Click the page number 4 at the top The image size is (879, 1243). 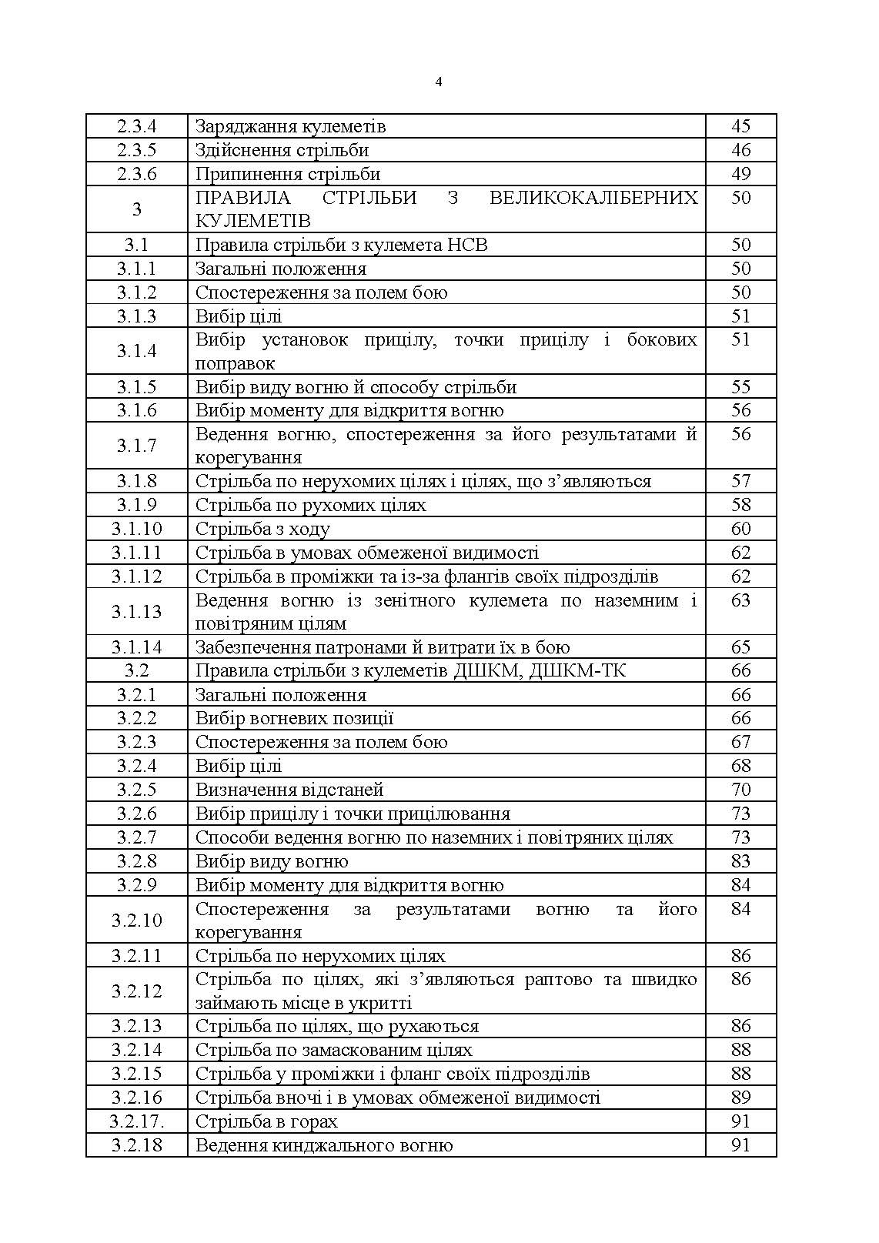tap(439, 82)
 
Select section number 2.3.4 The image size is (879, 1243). tap(136, 126)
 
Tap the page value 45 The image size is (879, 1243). tap(740, 126)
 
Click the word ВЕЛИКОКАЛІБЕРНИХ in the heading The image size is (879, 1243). tap(593, 198)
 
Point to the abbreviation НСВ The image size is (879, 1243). tap(467, 245)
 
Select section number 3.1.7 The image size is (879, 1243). tap(136, 446)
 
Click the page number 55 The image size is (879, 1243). tap(740, 386)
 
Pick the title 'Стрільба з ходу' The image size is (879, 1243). tap(262, 529)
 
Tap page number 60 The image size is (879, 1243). tap(740, 529)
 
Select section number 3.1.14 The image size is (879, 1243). tap(136, 647)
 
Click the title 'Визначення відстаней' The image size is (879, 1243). tap(289, 790)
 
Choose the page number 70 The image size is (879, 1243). tap(740, 790)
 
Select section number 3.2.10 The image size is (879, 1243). tap(136, 921)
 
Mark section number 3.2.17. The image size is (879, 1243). tap(136, 1121)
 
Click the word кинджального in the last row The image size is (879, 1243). tap(342, 1145)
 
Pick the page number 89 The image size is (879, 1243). tap(740, 1098)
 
